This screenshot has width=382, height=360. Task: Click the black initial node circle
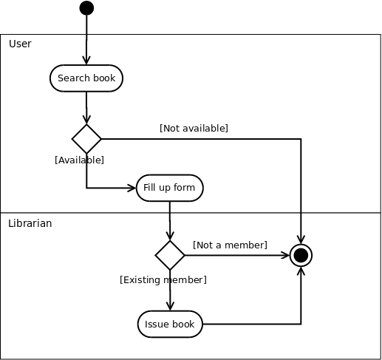(x=86, y=8)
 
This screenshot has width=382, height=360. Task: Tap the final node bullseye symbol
(x=301, y=255)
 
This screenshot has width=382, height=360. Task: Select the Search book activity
(x=86, y=78)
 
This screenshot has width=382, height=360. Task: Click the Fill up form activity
(x=170, y=188)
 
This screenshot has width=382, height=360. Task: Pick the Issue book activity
(x=170, y=324)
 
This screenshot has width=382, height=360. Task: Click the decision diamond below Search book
(x=86, y=139)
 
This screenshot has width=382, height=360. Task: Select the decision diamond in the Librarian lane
(x=170, y=255)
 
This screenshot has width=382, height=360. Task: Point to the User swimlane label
(x=20, y=44)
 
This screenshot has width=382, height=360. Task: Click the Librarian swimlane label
(x=30, y=223)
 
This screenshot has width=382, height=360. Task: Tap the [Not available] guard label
(x=194, y=129)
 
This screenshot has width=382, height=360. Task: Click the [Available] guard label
(x=79, y=160)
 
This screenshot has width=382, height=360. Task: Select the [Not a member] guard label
(x=230, y=245)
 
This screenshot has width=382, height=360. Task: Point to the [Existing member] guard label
(x=163, y=280)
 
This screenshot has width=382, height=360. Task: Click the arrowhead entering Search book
(x=86, y=61)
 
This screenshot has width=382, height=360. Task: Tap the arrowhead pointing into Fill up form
(x=132, y=188)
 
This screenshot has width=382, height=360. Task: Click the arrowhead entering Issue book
(x=170, y=306)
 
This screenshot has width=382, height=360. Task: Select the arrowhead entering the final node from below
(x=301, y=271)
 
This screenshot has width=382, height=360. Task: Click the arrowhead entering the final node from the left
(x=285, y=255)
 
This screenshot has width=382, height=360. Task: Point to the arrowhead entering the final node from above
(x=301, y=240)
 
